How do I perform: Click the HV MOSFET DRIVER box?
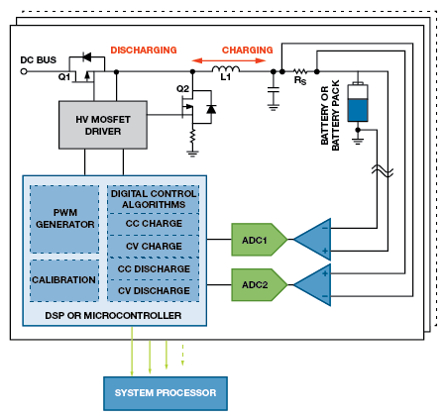(103, 125)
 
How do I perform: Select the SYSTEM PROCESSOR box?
(166, 393)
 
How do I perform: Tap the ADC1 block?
(259, 240)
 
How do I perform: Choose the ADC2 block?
(259, 284)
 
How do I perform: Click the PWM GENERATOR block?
(64, 219)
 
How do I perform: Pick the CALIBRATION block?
(64, 280)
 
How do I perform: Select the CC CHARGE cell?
(154, 224)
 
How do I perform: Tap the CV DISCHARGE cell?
(154, 290)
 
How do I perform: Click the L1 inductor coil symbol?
(226, 69)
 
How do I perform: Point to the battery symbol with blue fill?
(358, 102)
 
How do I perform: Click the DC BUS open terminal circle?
(24, 71)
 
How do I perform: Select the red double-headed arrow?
(229, 60)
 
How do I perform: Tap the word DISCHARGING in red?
(144, 51)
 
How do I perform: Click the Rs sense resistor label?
(300, 80)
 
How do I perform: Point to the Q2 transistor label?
(182, 89)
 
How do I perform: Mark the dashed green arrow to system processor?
(182, 355)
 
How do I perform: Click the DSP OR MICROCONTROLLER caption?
(113, 316)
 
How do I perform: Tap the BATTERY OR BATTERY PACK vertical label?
(330, 115)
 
